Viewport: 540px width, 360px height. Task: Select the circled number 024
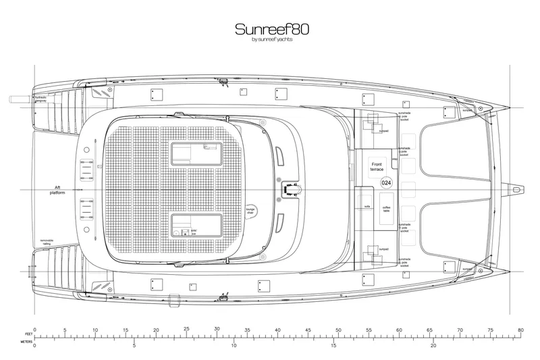pyautogui.click(x=386, y=183)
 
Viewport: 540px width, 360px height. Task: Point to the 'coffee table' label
pyautogui.click(x=387, y=209)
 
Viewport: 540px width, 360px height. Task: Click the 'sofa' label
pyautogui.click(x=368, y=207)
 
